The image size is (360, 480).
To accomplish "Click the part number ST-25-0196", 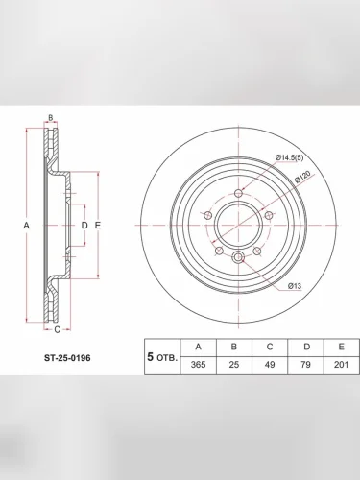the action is point(67,358).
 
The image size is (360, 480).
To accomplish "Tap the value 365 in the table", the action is point(198,365).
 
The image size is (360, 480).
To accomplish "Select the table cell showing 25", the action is point(234,365).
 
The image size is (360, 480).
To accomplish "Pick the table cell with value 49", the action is point(270,365).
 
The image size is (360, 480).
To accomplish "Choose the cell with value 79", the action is point(305,365).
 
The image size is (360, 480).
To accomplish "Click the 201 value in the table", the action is point(341,365).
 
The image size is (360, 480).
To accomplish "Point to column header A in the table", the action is point(199,347).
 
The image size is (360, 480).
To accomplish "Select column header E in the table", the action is point(341,347).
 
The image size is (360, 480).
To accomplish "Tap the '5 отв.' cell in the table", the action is point(162,357).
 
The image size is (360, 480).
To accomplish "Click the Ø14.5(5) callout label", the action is point(289,157).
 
